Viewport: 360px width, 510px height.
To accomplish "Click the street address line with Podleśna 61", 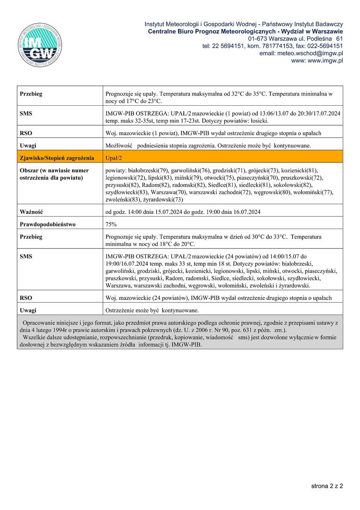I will coord(295,38).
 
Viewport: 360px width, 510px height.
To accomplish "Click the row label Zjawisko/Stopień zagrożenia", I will coord(57,158).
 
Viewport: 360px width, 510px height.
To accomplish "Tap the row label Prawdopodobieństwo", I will coord(48,224).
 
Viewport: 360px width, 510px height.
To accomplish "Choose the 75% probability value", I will coord(111,224).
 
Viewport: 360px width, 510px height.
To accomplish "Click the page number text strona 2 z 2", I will coord(327,485).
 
